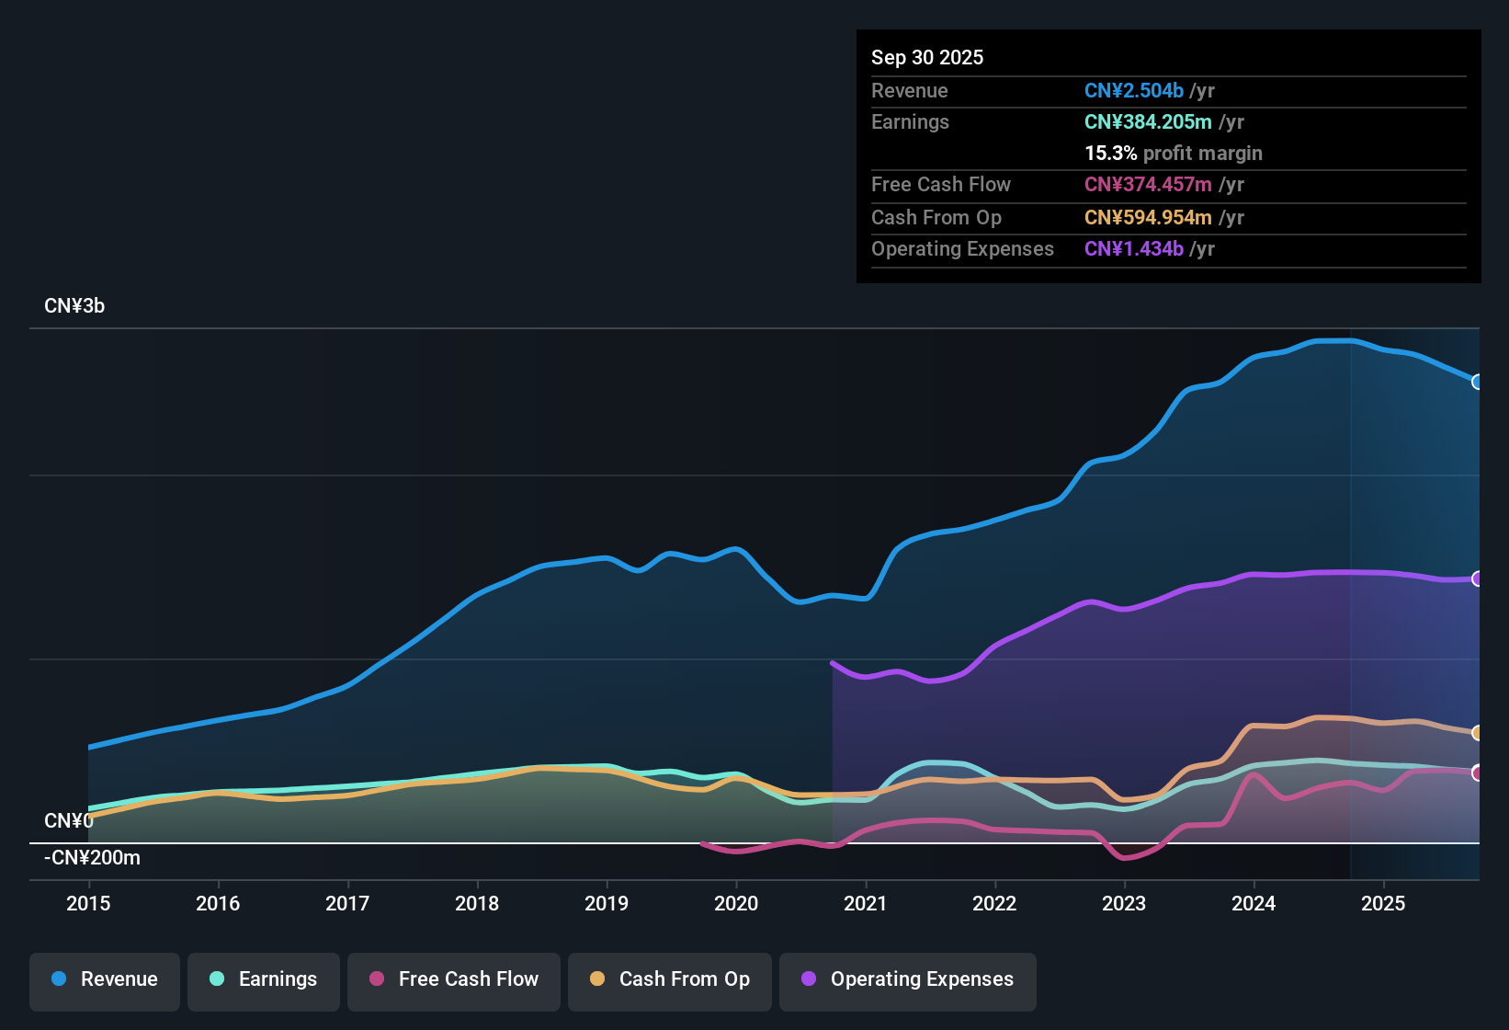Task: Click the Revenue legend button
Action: tap(104, 979)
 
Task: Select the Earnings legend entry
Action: tap(263, 979)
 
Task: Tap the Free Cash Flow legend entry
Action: tap(453, 979)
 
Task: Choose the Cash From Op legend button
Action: tap(669, 979)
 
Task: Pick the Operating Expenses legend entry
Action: tap(907, 979)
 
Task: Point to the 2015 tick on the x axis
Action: tap(88, 903)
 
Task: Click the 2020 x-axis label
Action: tap(736, 903)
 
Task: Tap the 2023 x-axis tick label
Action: tap(1124, 903)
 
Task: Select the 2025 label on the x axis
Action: tap(1383, 903)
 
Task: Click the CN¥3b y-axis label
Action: tap(74, 306)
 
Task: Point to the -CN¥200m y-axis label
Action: tap(92, 858)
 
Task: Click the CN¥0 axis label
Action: tap(68, 820)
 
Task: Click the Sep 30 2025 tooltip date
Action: tap(927, 57)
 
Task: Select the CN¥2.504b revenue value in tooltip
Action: tap(1133, 90)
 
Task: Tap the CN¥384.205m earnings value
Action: tap(1148, 121)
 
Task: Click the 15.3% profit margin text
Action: tap(1173, 153)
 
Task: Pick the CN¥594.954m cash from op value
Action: tap(1148, 217)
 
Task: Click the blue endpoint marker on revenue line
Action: tap(1477, 382)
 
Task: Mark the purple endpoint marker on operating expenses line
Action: tap(1477, 578)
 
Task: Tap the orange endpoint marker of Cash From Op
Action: tap(1477, 733)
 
